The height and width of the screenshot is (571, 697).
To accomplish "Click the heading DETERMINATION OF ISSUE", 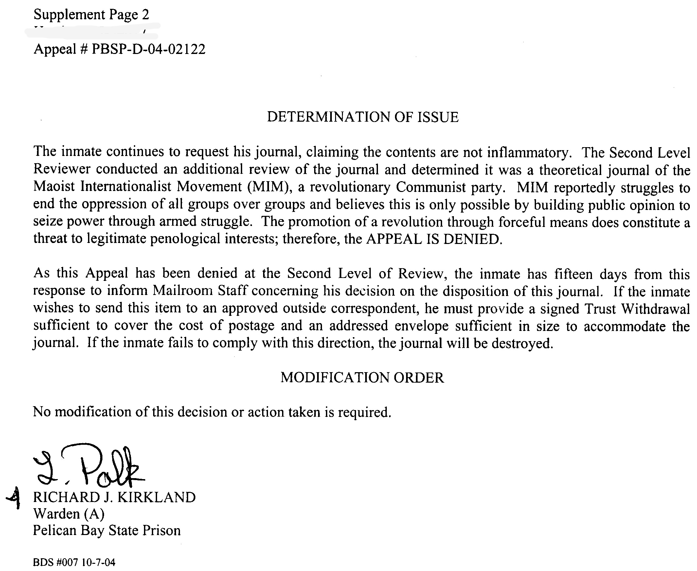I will (x=362, y=117).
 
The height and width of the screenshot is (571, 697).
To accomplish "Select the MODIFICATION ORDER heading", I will (x=362, y=378).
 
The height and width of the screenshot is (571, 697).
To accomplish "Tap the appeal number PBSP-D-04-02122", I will (x=149, y=49).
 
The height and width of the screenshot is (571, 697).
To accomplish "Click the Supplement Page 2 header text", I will (x=91, y=15).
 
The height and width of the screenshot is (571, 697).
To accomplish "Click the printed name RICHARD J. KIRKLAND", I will (x=114, y=497).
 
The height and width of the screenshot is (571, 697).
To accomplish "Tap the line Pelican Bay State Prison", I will (x=107, y=530).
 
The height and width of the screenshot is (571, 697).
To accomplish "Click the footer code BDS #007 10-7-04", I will (x=74, y=562).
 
